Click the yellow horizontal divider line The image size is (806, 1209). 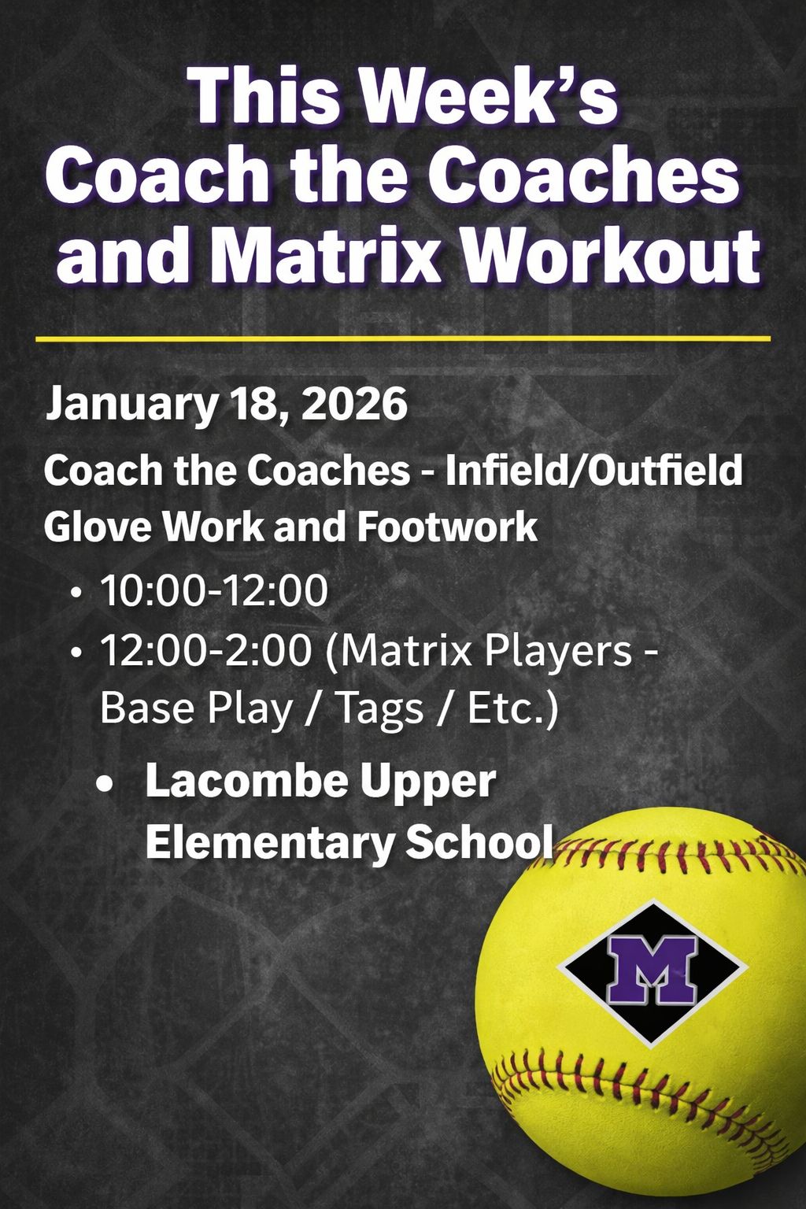(403, 339)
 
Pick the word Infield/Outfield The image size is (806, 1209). (593, 471)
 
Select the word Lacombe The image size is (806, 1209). (246, 781)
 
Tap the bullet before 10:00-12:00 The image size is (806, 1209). (77, 592)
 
